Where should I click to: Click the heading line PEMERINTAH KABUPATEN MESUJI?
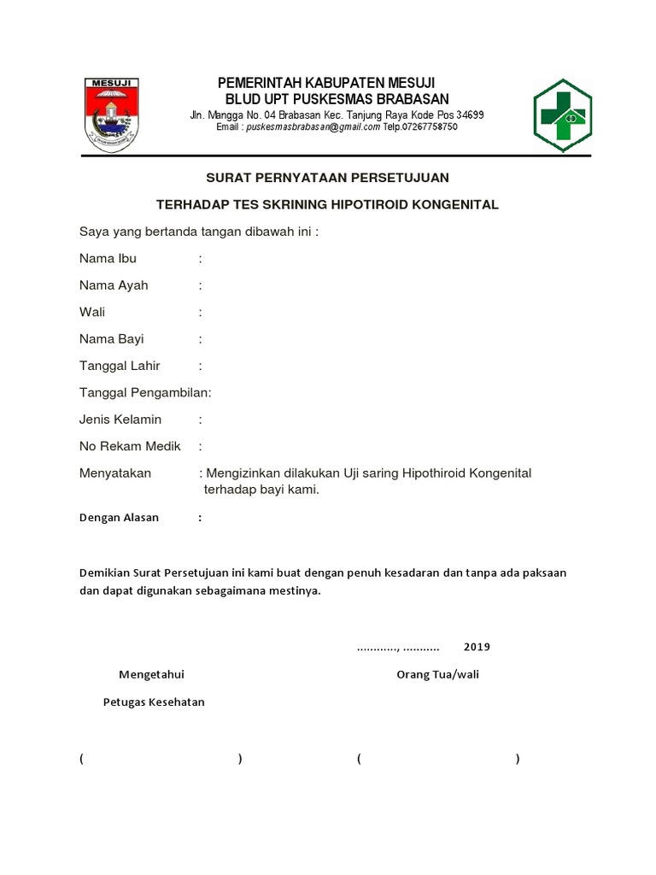pos(327,83)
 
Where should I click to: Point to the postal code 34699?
pos(469,115)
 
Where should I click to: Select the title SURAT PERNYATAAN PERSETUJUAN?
pos(327,178)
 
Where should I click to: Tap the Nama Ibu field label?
pos(108,258)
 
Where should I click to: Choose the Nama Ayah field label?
pos(114,285)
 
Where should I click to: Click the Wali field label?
pos(92,313)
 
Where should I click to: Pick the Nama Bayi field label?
pos(112,339)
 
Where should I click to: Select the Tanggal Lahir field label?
pos(120,366)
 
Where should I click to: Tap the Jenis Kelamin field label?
pos(120,420)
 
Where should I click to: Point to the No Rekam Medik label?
pos(130,446)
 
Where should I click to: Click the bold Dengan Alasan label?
pos(119,518)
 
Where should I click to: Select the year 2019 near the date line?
pos(477,647)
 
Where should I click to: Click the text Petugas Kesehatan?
pos(154,702)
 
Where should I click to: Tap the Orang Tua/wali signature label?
pos(437,675)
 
